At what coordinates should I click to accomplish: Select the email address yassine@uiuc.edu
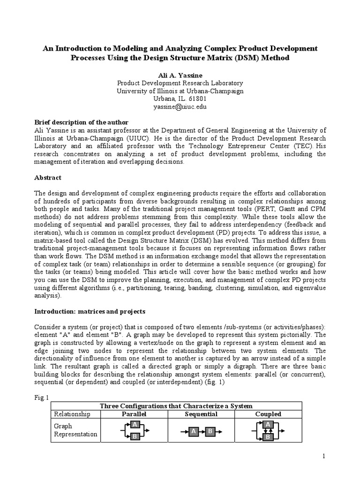pyautogui.click(x=180, y=107)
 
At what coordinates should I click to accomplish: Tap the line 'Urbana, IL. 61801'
pyautogui.click(x=180, y=99)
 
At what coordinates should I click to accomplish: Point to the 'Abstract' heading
pyautogui.click(x=48, y=178)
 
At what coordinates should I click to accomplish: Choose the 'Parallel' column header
pyautogui.click(x=135, y=414)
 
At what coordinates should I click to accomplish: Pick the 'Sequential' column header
pyautogui.click(x=201, y=414)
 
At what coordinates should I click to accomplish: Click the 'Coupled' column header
pyautogui.click(x=268, y=414)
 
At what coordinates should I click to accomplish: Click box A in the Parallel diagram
pyautogui.click(x=135, y=425)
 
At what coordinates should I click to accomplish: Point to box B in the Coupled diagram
pyautogui.click(x=268, y=437)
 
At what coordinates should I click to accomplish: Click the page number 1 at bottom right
pyautogui.click(x=323, y=456)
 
